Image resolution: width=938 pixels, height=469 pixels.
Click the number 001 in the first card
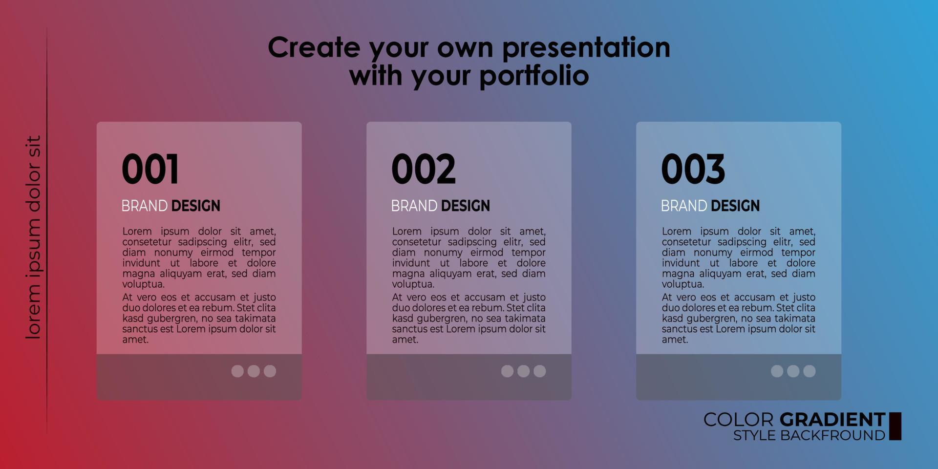tap(150, 169)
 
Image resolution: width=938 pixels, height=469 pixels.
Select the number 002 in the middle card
tap(423, 169)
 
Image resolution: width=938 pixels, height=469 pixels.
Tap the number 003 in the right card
tap(693, 169)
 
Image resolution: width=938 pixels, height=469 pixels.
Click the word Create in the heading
tap(314, 48)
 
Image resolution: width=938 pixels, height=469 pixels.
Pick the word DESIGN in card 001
tap(195, 206)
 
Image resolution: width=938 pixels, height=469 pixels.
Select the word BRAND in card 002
tap(414, 206)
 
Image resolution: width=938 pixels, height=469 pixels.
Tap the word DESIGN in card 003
tap(735, 206)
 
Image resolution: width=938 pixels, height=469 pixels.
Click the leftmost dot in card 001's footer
tap(237, 371)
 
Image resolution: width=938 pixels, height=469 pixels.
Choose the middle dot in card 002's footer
tap(523, 371)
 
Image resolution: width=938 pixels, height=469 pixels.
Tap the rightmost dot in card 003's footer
tap(810, 371)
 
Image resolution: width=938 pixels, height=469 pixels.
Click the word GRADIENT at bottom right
tap(832, 420)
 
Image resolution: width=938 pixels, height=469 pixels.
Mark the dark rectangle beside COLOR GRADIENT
tap(895, 426)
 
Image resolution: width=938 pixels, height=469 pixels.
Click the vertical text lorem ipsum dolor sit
tap(33, 237)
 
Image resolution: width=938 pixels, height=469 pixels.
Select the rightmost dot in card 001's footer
tap(270, 371)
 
